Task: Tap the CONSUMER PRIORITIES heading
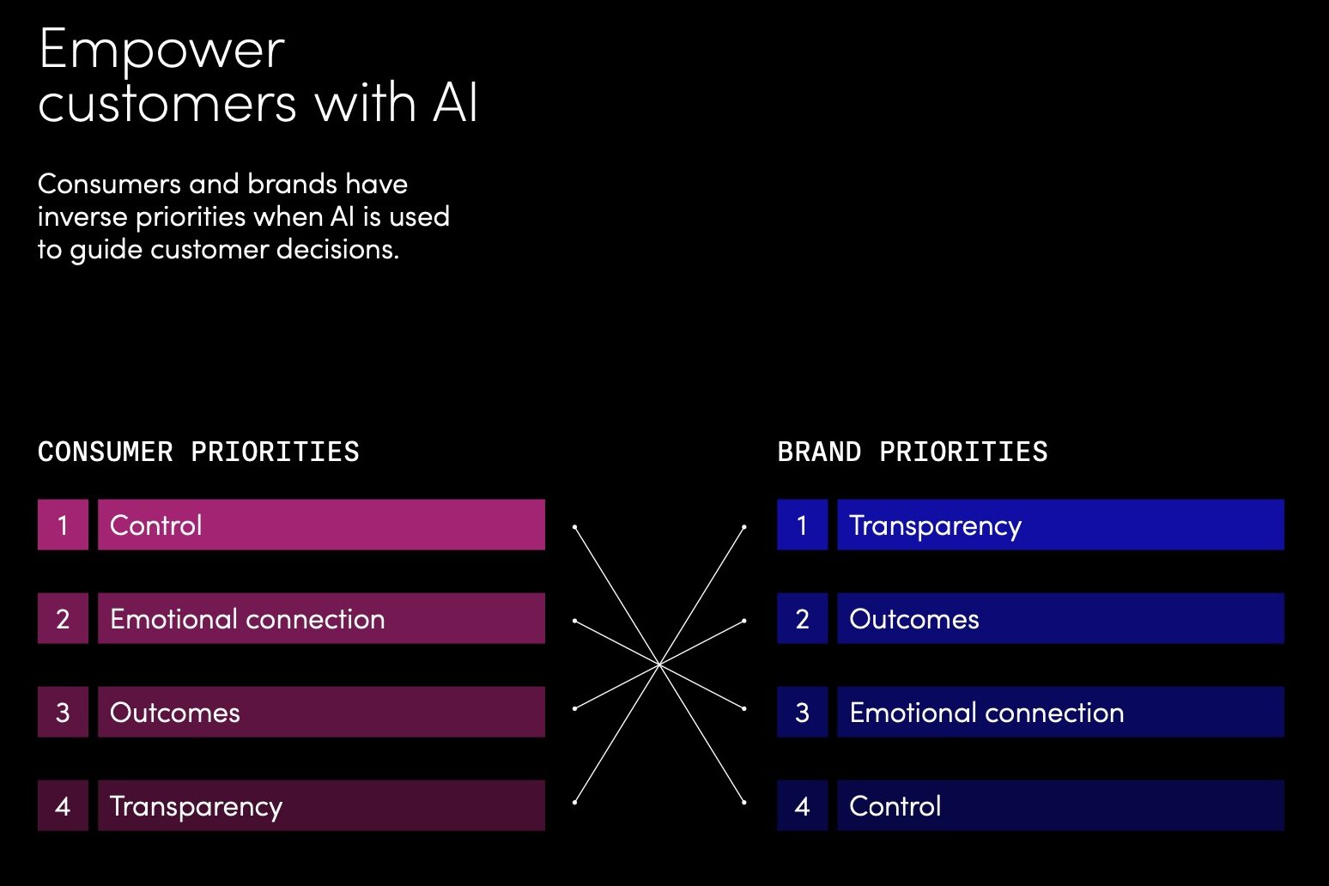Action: click(x=198, y=452)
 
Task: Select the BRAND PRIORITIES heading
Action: click(x=913, y=452)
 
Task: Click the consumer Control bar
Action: click(x=321, y=525)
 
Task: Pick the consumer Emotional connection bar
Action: click(x=321, y=618)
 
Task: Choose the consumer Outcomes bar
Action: click(x=321, y=712)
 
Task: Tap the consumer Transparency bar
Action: click(x=321, y=805)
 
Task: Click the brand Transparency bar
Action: click(x=1060, y=525)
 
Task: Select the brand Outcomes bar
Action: click(x=1060, y=618)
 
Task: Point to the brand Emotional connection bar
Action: click(x=1060, y=712)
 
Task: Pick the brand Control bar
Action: click(x=1060, y=805)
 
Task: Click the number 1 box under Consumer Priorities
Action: click(x=63, y=525)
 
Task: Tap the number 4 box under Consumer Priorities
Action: click(x=63, y=805)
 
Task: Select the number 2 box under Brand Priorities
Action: click(x=802, y=618)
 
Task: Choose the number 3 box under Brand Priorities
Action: click(x=802, y=712)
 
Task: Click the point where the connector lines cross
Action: click(x=659, y=664)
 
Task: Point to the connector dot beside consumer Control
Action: click(x=574, y=526)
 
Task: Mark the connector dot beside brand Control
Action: click(x=743, y=803)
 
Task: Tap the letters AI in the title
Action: click(x=455, y=104)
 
